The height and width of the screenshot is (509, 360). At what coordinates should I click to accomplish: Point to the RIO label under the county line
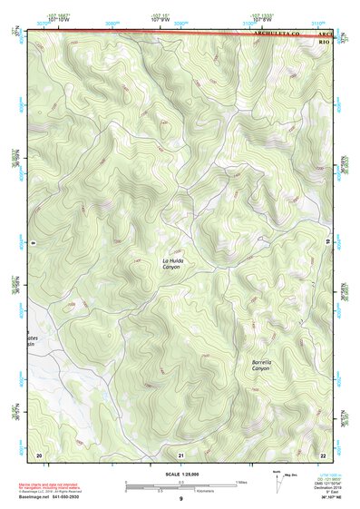click(324, 42)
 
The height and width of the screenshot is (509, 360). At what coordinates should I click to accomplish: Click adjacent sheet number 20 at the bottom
click(38, 454)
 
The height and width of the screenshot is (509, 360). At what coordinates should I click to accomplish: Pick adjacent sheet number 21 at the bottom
click(181, 454)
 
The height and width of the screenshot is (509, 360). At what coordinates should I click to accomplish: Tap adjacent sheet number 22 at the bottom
click(323, 454)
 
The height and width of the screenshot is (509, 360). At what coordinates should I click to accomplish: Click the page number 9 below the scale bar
click(181, 500)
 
